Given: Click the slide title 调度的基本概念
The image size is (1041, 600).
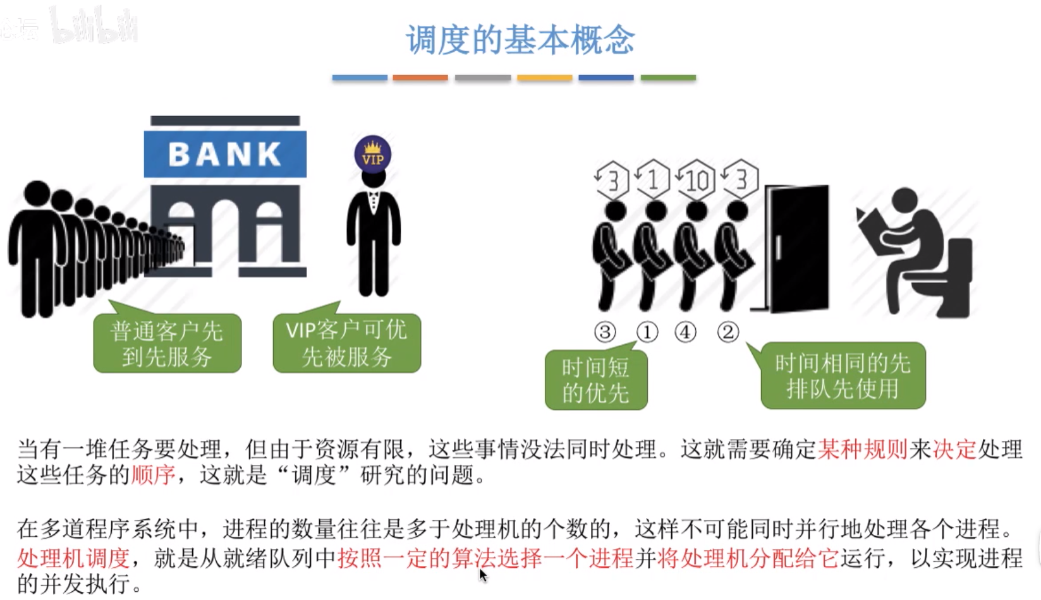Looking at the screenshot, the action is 520,40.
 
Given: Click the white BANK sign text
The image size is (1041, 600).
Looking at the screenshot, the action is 225,154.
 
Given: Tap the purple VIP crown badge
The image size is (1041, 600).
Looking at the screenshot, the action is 373,154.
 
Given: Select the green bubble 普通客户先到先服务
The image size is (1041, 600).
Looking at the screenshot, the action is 167,344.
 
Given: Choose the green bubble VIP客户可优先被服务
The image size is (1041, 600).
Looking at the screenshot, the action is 346,344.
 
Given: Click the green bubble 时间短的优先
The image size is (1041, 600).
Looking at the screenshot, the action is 596,380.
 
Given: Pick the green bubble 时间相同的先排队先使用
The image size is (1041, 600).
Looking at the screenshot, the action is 843,376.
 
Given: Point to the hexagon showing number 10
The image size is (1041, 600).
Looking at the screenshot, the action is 696,180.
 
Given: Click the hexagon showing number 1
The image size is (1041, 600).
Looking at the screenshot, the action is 653,179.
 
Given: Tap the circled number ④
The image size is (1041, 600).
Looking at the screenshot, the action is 686,332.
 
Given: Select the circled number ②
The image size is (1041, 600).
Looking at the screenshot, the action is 727,332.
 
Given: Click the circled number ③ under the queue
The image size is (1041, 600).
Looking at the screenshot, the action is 605,332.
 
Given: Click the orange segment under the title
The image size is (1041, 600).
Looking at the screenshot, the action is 420,78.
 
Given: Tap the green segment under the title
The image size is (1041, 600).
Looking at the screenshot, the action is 668,78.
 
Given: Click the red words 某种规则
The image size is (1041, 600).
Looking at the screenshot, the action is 863,449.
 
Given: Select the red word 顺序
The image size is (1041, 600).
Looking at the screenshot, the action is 153,475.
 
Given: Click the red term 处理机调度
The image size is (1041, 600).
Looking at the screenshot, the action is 73,558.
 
